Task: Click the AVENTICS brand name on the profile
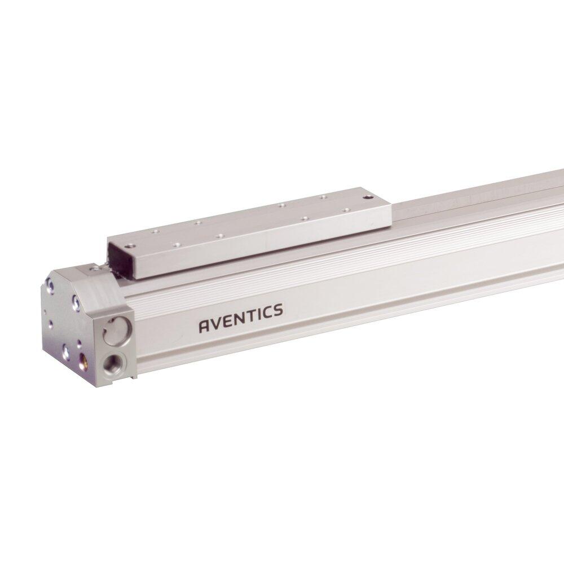pyautogui.click(x=241, y=318)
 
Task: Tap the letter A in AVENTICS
pyautogui.click(x=204, y=326)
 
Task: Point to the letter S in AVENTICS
pyautogui.click(x=277, y=310)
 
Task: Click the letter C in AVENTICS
pyautogui.click(x=266, y=312)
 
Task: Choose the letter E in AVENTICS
pyautogui.click(x=227, y=321)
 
